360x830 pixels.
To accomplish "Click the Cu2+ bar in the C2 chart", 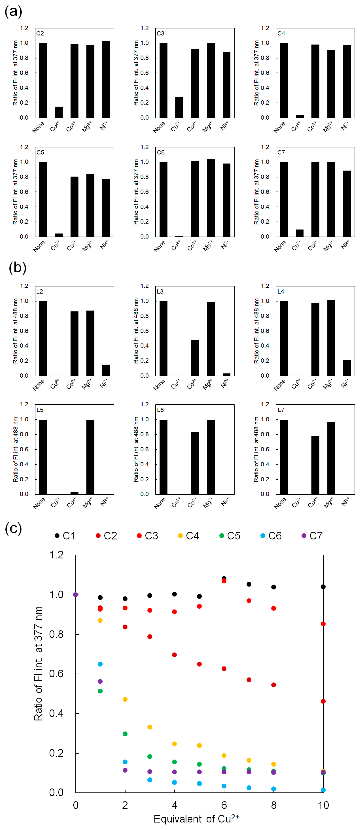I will pos(59,112).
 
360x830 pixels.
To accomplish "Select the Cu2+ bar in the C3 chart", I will pos(179,107).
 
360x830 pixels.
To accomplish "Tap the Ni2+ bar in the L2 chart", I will pos(106,370).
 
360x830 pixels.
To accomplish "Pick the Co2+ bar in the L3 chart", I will pos(195,358).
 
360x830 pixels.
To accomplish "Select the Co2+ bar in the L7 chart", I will pos(315,465).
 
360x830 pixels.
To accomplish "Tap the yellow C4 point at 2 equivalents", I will pos(125,699).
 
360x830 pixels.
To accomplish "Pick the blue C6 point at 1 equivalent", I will pos(100,664).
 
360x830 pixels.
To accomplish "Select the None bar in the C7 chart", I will pos(284,199).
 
